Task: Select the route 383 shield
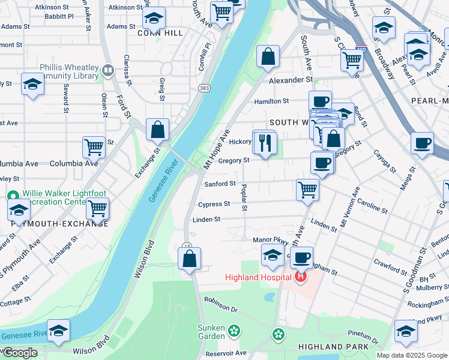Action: click(203, 88)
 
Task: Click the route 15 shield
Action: click(188, 246)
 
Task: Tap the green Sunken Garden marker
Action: click(234, 330)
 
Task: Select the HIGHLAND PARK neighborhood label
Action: click(329, 347)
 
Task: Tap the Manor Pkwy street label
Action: click(265, 240)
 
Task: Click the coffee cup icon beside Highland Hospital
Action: click(302, 257)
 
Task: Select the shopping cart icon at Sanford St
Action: click(307, 189)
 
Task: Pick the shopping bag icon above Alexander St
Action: click(268, 56)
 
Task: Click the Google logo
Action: click(19, 353)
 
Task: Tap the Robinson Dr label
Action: click(221, 305)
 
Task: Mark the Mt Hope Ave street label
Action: click(217, 149)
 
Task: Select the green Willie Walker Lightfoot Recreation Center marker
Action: click(13, 196)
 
